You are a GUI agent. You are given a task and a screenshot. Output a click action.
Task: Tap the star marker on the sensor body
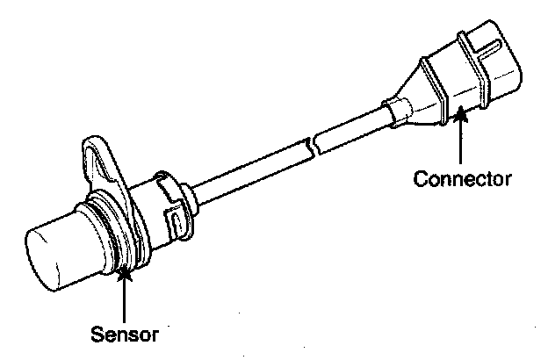[x=126, y=274]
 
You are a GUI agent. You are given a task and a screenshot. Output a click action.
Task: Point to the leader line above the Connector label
[x=460, y=140]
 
